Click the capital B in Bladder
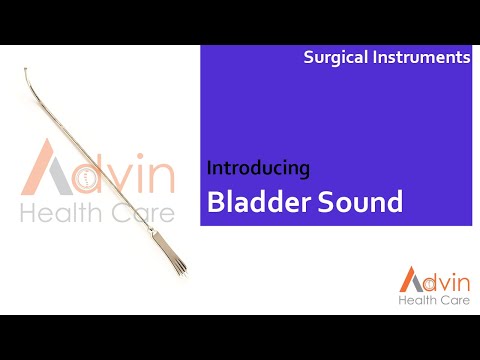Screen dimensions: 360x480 (215, 202)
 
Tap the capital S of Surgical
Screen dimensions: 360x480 (309, 58)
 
